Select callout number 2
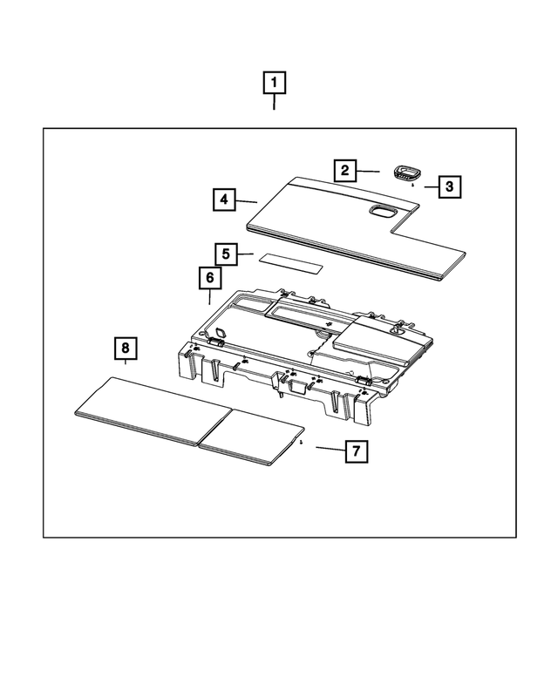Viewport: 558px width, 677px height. [x=345, y=170]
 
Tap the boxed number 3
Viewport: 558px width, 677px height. [x=450, y=186]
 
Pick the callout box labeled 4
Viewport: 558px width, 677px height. [x=224, y=200]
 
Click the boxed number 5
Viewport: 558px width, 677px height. [x=226, y=254]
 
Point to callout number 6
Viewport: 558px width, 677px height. [x=209, y=278]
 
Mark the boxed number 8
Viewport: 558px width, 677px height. [x=126, y=349]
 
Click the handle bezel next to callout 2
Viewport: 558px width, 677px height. [x=407, y=171]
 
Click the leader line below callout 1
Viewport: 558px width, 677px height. [x=275, y=102]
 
